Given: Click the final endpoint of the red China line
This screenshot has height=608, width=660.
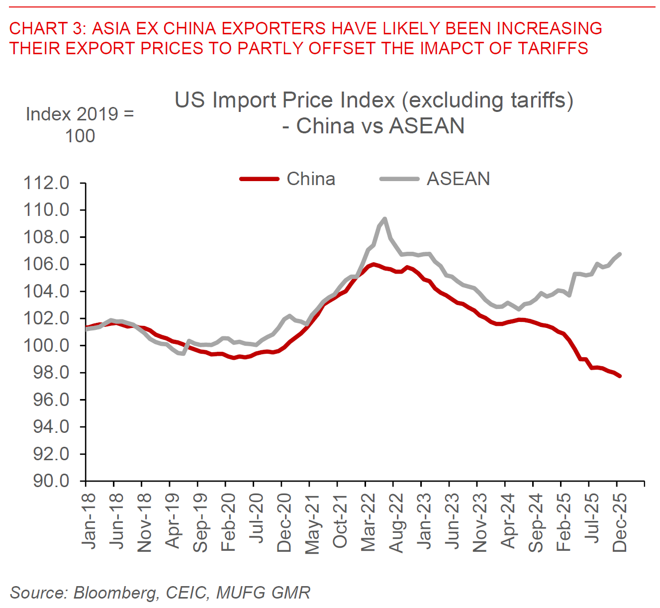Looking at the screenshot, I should pyautogui.click(x=620, y=376).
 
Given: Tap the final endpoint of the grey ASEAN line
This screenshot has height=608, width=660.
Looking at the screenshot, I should pyautogui.click(x=620, y=254).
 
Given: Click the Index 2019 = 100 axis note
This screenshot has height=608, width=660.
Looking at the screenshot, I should pyautogui.click(x=80, y=125).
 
